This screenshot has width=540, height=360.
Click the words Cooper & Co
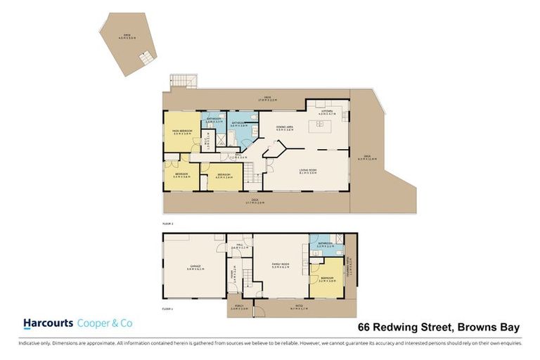(x=105, y=323)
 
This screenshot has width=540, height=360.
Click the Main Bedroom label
(x=182, y=131)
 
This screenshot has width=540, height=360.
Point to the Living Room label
(x=307, y=171)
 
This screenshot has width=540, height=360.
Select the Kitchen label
(x=327, y=112)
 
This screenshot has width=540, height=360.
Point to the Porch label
(x=240, y=307)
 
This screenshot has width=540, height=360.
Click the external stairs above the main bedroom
(x=179, y=82)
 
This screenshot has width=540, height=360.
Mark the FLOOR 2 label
(x=167, y=223)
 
